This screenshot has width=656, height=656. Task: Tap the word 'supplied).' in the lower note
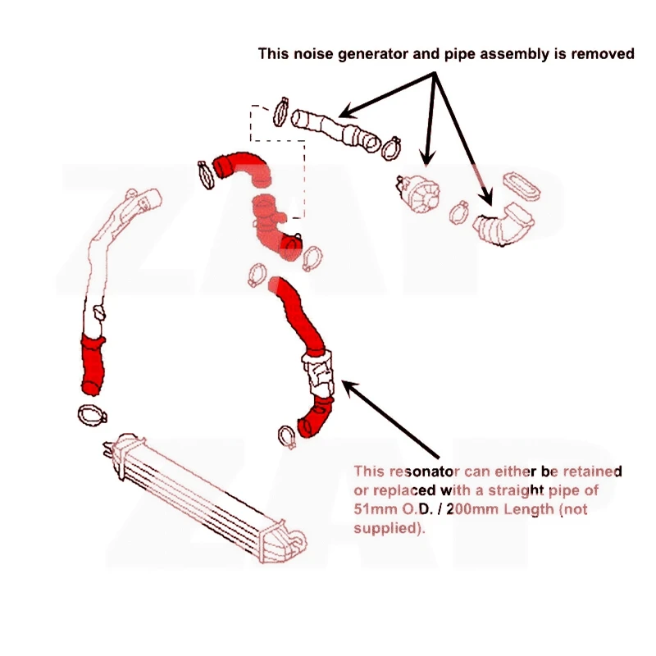[x=389, y=528]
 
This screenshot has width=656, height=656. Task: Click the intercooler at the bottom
[x=205, y=498]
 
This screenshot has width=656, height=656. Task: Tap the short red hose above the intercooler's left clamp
[x=92, y=364]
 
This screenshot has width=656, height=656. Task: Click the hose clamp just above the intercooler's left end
[x=92, y=415]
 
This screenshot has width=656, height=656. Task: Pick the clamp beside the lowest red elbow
[x=287, y=437]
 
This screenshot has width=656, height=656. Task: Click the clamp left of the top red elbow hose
[x=206, y=175]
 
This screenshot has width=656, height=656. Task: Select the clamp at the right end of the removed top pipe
[x=392, y=148]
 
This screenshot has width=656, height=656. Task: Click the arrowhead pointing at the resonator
[x=351, y=387]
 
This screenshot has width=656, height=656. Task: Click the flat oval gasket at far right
[x=522, y=186]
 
